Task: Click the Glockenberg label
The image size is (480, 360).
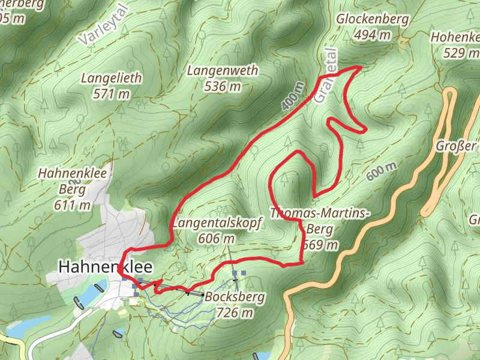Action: point(372,19)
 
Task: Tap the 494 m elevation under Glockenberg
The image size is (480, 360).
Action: point(372,35)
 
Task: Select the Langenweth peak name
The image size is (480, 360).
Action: point(223,71)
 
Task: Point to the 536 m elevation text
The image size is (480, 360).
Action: point(223,87)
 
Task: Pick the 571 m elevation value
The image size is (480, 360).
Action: point(112,94)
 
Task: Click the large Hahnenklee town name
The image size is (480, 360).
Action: point(105,266)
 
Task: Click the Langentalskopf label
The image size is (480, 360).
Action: point(217,224)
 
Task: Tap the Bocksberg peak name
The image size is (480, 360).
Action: point(234,296)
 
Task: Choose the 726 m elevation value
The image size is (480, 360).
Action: point(234,312)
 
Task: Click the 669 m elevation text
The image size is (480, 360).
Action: point(320,245)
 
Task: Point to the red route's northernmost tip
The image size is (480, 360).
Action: point(359,67)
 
